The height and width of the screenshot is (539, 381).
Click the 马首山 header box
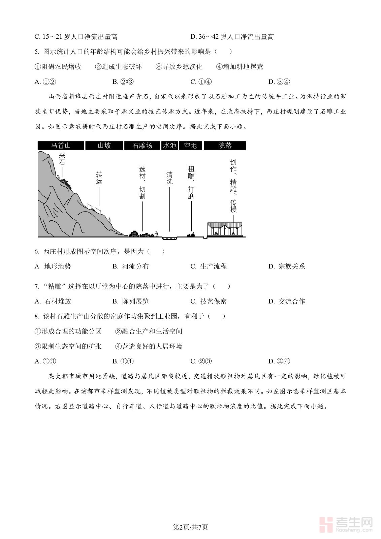tap(61, 146)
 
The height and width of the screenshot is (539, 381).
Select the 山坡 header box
tap(104, 146)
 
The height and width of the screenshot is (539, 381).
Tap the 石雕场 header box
tap(142, 146)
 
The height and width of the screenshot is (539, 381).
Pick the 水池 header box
tap(169, 146)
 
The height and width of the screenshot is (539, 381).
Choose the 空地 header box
tap(190, 146)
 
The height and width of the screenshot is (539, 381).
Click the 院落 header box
tap(225, 146)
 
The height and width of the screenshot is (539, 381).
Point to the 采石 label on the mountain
tap(62, 159)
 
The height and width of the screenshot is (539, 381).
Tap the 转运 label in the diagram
tap(99, 178)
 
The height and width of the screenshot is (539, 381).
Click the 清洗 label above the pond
tap(169, 178)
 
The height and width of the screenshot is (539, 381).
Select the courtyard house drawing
tap(225, 229)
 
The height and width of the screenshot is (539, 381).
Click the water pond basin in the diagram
tap(169, 238)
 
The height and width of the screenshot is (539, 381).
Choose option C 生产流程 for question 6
tap(209, 266)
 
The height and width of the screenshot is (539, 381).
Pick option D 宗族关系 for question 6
tap(287, 266)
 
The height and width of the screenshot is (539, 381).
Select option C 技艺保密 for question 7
tap(209, 302)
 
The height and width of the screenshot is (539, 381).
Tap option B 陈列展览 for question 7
tap(131, 302)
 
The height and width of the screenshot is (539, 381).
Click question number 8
tap(37, 316)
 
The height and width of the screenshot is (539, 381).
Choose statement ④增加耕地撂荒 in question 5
tap(240, 67)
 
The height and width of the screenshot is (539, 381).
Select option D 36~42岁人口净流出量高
tap(232, 37)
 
